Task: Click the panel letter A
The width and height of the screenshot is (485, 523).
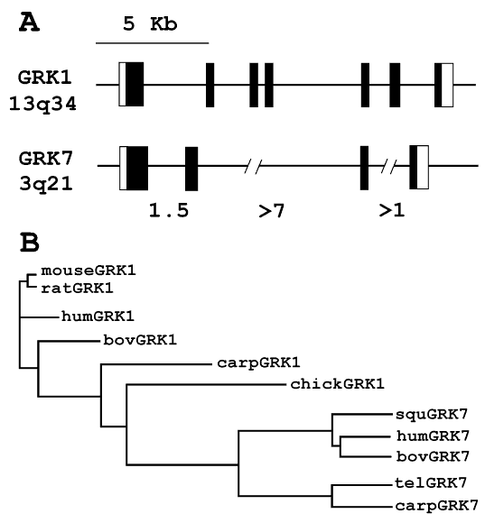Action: tap(30, 23)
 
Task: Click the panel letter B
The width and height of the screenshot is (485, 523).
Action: tap(30, 243)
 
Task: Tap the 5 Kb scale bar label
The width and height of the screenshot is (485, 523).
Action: tap(150, 24)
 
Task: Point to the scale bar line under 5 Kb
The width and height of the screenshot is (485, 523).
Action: tap(153, 43)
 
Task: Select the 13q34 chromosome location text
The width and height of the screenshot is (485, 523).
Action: tap(42, 104)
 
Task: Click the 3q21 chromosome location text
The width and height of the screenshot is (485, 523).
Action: tap(46, 184)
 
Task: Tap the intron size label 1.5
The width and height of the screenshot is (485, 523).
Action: tap(169, 210)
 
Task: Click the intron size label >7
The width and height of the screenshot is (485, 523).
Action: tap(271, 211)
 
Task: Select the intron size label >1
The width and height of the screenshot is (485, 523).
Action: tap(392, 210)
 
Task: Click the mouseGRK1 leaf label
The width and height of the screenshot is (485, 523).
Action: tap(89, 271)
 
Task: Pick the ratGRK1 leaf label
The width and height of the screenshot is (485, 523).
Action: tap(77, 289)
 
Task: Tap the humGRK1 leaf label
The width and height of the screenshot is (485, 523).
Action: tap(98, 316)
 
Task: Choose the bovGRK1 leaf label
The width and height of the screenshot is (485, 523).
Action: tap(140, 340)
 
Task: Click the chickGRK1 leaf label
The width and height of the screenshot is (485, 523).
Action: tap(338, 384)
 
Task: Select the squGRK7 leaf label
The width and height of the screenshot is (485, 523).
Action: tap(432, 414)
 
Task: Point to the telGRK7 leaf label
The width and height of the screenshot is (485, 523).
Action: tap(431, 482)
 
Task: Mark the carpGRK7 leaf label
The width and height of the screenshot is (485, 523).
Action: tap(437, 506)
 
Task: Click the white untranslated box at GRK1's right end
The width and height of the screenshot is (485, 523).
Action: tap(447, 85)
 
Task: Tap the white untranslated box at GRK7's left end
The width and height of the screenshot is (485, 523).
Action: tap(123, 168)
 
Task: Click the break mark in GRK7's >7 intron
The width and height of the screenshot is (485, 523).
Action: tap(253, 166)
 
